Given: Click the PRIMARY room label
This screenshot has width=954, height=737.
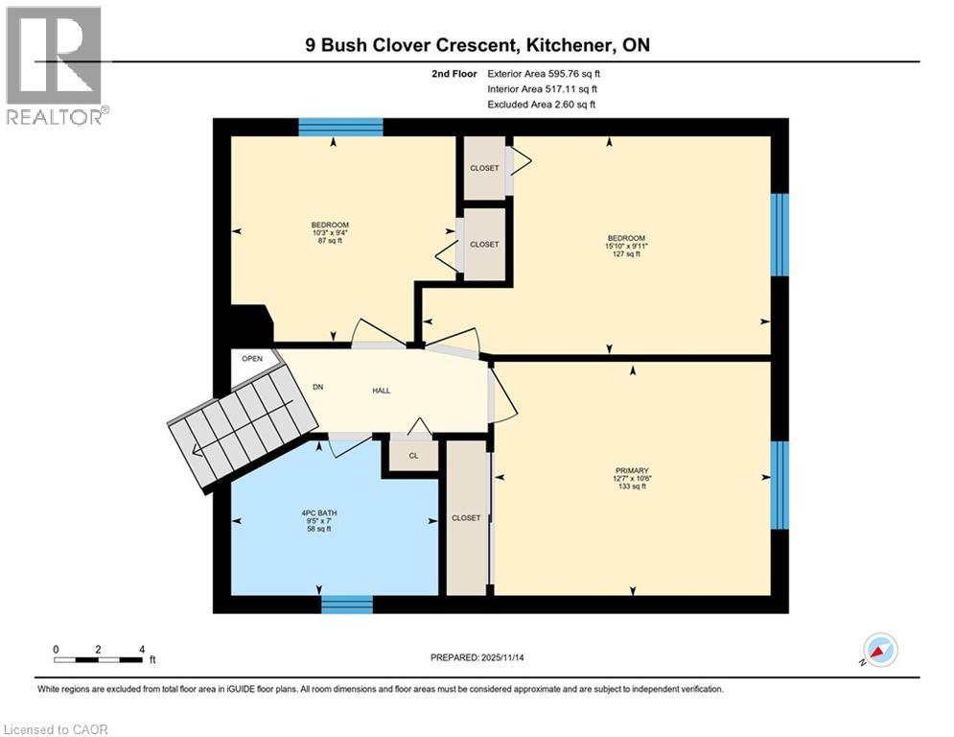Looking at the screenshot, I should tap(630, 470).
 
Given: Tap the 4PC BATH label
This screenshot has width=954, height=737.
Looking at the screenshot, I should tap(318, 512).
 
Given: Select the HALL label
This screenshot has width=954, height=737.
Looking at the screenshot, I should tap(382, 390).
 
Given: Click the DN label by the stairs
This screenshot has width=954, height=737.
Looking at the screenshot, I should tap(318, 388).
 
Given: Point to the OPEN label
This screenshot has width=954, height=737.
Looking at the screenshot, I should tap(252, 359).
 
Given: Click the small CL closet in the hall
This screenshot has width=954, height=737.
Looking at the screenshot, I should tap(413, 455).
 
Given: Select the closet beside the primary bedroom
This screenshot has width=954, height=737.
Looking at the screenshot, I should tap(466, 517).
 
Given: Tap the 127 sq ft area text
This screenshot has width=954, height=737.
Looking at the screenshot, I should tap(625, 254).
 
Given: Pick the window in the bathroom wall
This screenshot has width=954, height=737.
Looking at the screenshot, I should tap(346, 604).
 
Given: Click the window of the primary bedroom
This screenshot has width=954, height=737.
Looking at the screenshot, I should tap(780, 485).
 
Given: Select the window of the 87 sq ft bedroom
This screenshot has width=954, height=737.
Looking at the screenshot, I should tap(340, 127).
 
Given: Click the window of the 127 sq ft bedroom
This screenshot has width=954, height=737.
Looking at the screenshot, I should tap(780, 235).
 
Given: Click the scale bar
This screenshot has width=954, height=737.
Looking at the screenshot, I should tap(100, 659).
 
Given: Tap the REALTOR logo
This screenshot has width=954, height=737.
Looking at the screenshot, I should tap(55, 66).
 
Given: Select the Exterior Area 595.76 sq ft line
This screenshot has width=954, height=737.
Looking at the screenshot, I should tap(545, 73).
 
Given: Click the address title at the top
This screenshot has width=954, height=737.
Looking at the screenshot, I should tap(477, 45).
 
